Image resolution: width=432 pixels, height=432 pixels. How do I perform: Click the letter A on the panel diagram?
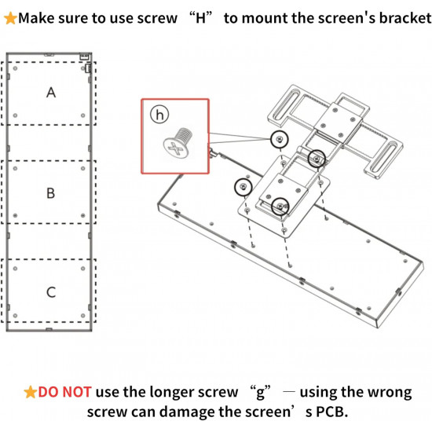click(51, 93)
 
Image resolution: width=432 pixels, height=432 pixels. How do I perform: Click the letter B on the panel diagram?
click(51, 193)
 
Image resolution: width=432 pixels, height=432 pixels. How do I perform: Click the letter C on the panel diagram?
click(51, 292)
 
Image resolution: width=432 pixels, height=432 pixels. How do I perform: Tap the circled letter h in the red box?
click(159, 115)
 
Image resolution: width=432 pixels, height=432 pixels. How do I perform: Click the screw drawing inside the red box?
click(178, 143)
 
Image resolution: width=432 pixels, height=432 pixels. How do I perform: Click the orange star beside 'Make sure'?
click(10, 18)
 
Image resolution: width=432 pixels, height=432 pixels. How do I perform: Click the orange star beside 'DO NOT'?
click(31, 392)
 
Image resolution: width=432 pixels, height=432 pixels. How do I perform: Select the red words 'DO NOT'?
click(64, 392)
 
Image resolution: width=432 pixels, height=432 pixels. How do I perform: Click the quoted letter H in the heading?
click(200, 18)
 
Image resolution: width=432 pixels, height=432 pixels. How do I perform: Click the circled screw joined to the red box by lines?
click(280, 139)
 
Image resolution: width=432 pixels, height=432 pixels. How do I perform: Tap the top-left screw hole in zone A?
click(15, 68)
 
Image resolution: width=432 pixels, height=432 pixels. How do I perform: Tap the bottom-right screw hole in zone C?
click(83, 316)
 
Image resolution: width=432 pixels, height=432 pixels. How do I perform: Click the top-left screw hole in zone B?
click(15, 168)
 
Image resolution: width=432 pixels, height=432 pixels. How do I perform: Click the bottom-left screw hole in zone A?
click(15, 115)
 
